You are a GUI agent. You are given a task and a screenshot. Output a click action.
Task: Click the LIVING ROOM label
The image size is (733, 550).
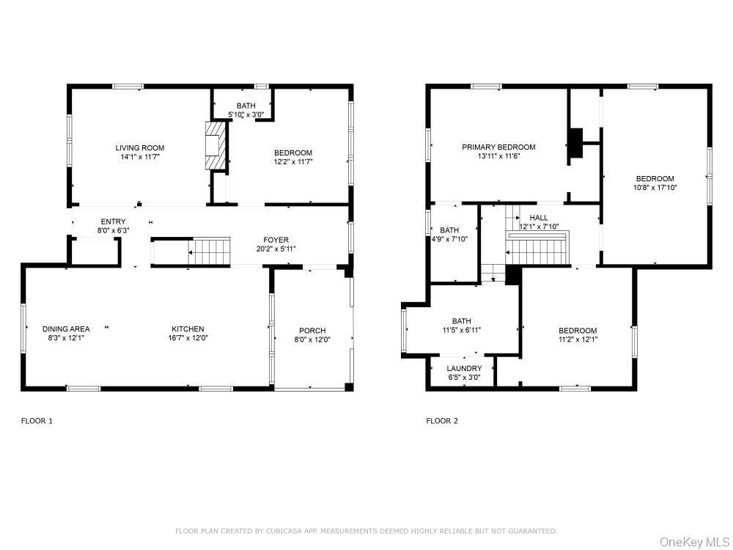pyautogui.click(x=139, y=147)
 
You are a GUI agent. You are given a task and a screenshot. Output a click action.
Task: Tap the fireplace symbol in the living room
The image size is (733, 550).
pyautogui.click(x=215, y=144)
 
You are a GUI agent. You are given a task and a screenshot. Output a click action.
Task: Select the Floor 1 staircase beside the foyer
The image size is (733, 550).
pyautogui.click(x=210, y=252)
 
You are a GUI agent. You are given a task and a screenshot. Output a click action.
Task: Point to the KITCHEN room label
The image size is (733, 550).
pyautogui.click(x=188, y=329)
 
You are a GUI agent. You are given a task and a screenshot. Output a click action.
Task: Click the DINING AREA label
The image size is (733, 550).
pyautogui.click(x=66, y=329)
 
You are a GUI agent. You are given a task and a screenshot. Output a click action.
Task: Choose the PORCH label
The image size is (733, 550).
pyautogui.click(x=312, y=331)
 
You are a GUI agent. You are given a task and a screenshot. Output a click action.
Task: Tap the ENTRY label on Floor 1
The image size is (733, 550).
pyautogui.click(x=113, y=221)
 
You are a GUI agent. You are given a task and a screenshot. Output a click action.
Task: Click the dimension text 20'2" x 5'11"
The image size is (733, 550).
pyautogui.click(x=276, y=249)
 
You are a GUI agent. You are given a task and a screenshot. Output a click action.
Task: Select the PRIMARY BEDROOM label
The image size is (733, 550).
pyautogui.click(x=498, y=147)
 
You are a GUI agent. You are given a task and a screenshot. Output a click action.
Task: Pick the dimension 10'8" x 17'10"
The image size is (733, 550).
pyautogui.click(x=655, y=188)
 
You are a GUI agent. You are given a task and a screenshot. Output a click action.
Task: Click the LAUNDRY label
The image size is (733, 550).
pyautogui.click(x=465, y=368)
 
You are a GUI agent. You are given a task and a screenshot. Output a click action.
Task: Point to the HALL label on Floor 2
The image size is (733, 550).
pyautogui.click(x=539, y=218)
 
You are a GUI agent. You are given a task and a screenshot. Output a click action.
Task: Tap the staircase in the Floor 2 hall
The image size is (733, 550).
pyautogui.click(x=539, y=249)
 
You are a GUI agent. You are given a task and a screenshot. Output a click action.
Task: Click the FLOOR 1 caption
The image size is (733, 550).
pyautogui.click(x=37, y=421)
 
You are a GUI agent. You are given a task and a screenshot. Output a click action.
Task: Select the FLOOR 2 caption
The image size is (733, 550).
pyautogui.click(x=442, y=421)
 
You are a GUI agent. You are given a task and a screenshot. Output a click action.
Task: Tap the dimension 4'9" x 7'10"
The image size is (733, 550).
pyautogui.click(x=449, y=239)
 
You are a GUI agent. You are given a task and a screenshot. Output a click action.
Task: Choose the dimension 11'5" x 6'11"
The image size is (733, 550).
pyautogui.click(x=462, y=330)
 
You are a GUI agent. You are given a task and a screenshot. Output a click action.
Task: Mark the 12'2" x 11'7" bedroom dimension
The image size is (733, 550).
pyautogui.click(x=293, y=162)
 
